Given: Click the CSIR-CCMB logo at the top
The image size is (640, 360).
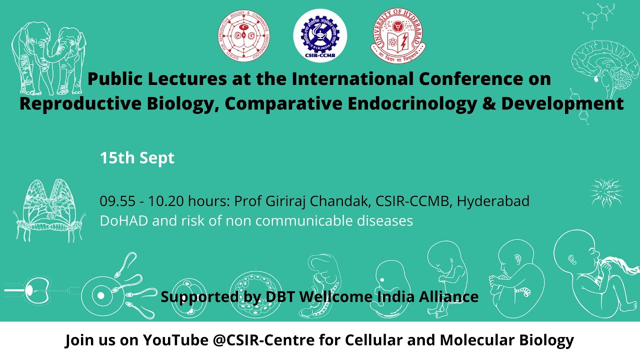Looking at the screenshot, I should click(x=320, y=35).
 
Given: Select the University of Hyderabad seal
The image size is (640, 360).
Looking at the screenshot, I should click(x=398, y=35).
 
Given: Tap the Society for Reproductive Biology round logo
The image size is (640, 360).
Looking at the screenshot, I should click(x=244, y=35).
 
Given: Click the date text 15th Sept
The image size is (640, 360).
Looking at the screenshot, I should click(x=137, y=158).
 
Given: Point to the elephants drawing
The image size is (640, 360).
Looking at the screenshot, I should click(x=49, y=60).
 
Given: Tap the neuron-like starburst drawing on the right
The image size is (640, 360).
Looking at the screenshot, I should click(x=606, y=191).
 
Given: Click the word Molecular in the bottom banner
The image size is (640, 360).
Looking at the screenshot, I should click(x=473, y=340).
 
